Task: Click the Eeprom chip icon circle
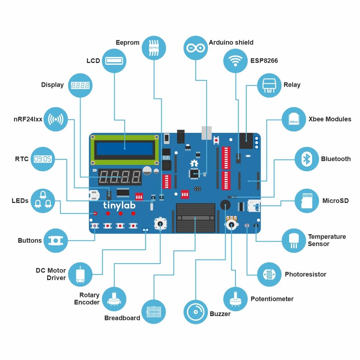pyautogui.click(x=154, y=48)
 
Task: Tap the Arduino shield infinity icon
pyautogui.click(x=196, y=48)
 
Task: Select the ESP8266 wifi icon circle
pyautogui.click(x=235, y=60)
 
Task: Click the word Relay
pyautogui.click(x=292, y=85)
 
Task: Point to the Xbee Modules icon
pyautogui.click(x=294, y=119)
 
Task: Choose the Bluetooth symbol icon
pyautogui.click(x=307, y=159)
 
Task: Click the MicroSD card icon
pyautogui.click(x=307, y=201)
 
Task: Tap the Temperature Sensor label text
pyautogui.click(x=327, y=240)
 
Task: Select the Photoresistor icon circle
pyautogui.click(x=269, y=274)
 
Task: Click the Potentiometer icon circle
pyautogui.click(x=235, y=299)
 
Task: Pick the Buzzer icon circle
pyautogui.click(x=196, y=312)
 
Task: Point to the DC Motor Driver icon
pyautogui.click(x=80, y=274)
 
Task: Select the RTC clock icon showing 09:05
pyautogui.click(x=43, y=159)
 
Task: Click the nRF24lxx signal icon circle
pyautogui.click(x=55, y=119)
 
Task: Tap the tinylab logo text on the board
pyautogui.click(x=118, y=206)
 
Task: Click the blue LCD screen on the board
pyautogui.click(x=125, y=148)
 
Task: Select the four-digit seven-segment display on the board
pyautogui.click(x=120, y=177)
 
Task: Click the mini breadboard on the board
pyautogui.click(x=195, y=217)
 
